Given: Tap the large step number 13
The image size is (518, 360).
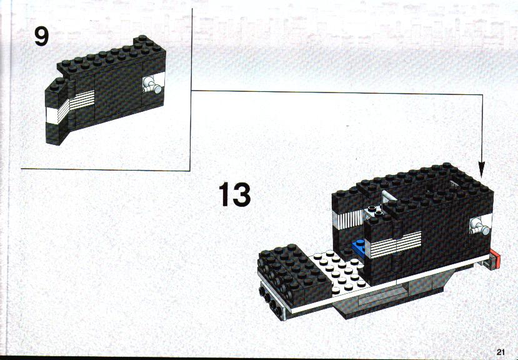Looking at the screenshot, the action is click(x=234, y=194).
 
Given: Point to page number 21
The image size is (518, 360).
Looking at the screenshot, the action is click(x=501, y=352).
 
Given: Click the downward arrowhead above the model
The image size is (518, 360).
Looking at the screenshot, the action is click(x=482, y=169).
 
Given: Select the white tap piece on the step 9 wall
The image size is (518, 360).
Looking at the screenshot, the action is click(x=152, y=85).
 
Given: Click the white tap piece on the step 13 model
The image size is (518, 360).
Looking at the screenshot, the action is click(x=480, y=226).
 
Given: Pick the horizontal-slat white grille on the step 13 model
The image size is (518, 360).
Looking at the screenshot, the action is click(x=396, y=244).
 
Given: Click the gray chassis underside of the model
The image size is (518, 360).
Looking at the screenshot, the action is click(x=390, y=297).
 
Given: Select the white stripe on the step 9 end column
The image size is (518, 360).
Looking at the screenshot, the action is click(x=52, y=116).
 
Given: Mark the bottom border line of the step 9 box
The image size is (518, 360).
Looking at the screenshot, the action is click(x=106, y=169).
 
